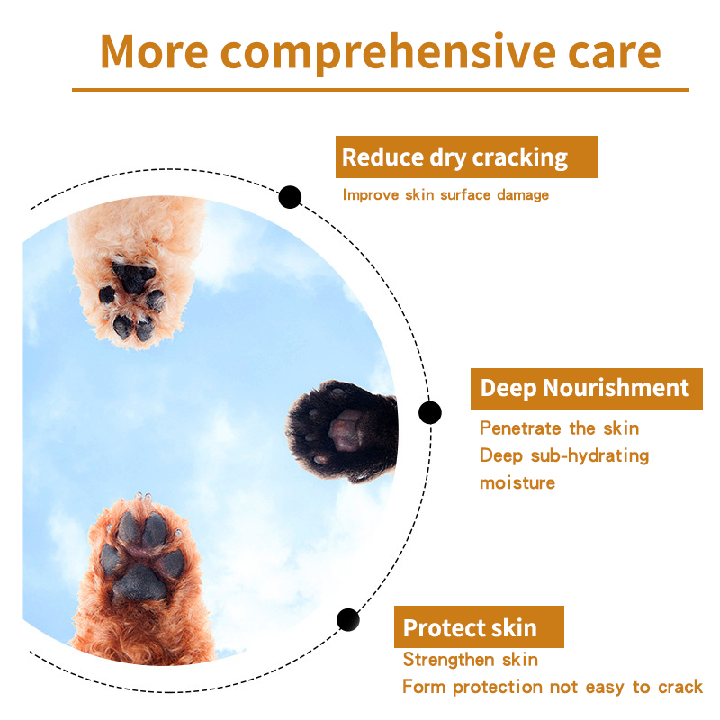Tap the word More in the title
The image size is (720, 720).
tap(154, 51)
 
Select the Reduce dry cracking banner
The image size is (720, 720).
tap(466, 157)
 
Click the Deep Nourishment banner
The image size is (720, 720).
tap(587, 389)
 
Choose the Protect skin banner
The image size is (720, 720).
tap(479, 626)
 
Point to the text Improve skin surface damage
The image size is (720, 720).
tap(445, 195)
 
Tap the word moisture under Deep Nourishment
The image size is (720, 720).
tap(517, 483)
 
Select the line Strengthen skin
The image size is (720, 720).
tap(470, 660)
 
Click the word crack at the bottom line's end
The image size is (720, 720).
tap(680, 688)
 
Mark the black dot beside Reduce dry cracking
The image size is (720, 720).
tap(290, 197)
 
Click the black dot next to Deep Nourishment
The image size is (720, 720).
tap(430, 412)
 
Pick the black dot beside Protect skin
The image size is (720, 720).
tap(348, 620)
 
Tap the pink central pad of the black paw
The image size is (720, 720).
tap(345, 432)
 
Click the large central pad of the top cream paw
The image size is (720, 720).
tap(133, 278)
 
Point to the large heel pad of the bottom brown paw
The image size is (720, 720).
tap(139, 584)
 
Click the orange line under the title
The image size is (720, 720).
tap(381, 90)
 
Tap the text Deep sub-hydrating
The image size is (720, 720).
tap(564, 456)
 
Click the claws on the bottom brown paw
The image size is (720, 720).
tap(143, 497)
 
